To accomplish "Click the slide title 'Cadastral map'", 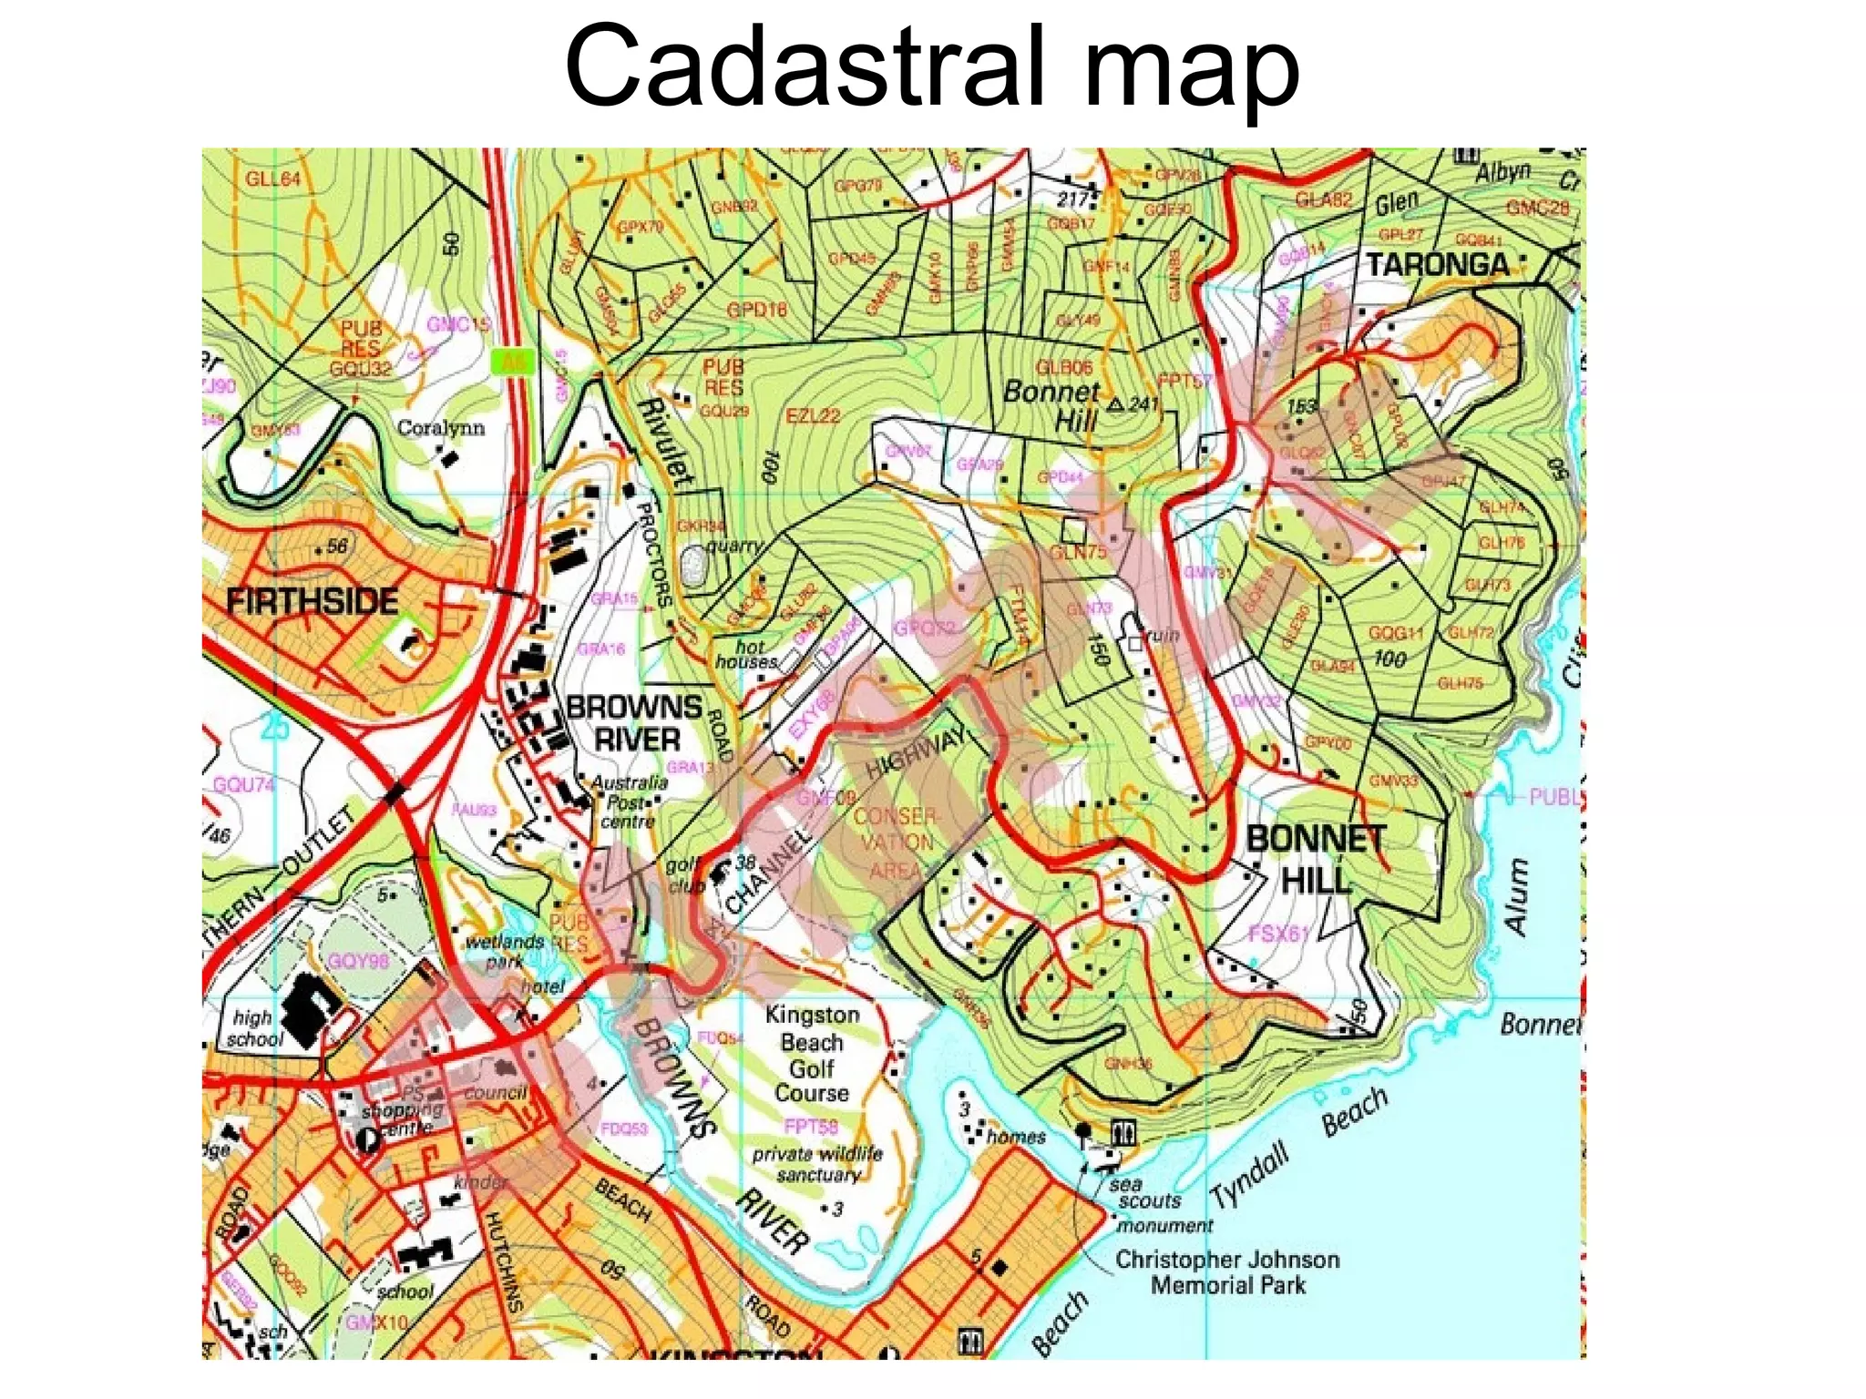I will pyautogui.click(x=931, y=68).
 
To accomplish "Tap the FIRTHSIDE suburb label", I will pyautogui.click(x=312, y=602).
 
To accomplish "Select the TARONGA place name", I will pyautogui.click(x=1438, y=265).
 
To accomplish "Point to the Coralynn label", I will pyautogui.click(x=441, y=428).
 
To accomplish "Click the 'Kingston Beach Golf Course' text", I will pyautogui.click(x=812, y=1054).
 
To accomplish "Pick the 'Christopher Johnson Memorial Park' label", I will pyautogui.click(x=1227, y=1272).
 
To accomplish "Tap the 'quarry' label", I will pyautogui.click(x=734, y=546).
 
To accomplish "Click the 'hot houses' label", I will pyautogui.click(x=746, y=654).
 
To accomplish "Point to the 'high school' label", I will pyautogui.click(x=254, y=1028).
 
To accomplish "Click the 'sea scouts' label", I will pyautogui.click(x=1144, y=1192).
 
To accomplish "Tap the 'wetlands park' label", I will pyautogui.click(x=504, y=951).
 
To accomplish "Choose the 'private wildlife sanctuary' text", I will pyautogui.click(x=817, y=1164).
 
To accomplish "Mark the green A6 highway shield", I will pyautogui.click(x=513, y=362).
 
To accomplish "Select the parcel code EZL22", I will pyautogui.click(x=813, y=416).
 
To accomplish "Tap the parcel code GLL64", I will pyautogui.click(x=272, y=179).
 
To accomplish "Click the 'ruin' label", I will pyautogui.click(x=1161, y=635).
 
